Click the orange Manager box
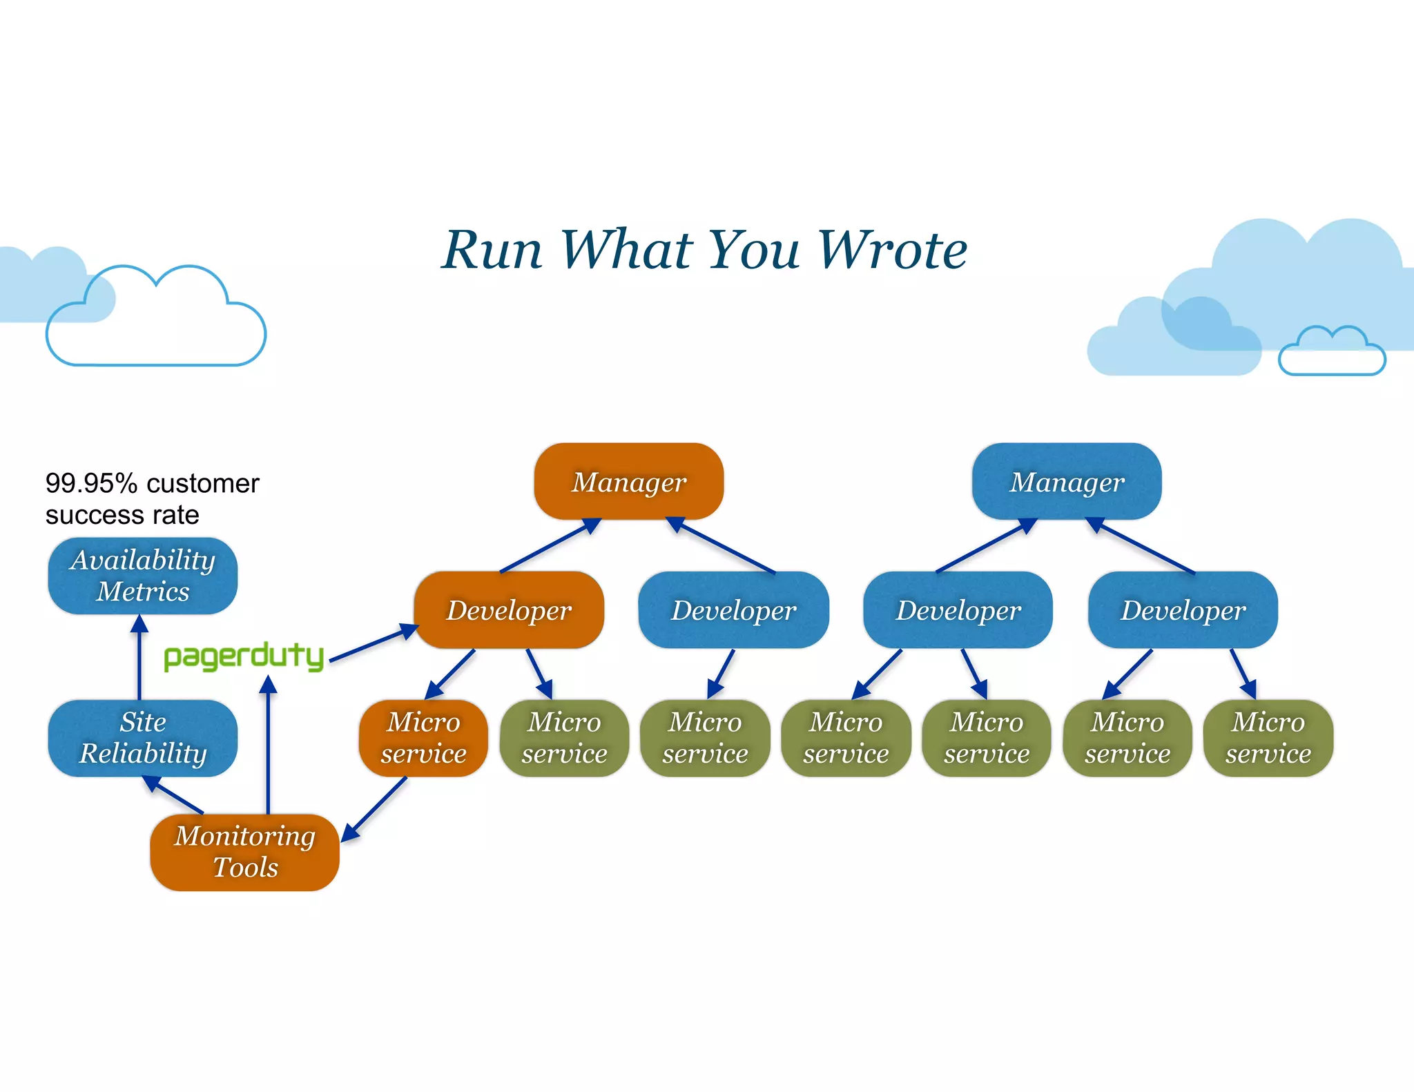click(628, 481)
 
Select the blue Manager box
click(1066, 481)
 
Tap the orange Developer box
click(509, 610)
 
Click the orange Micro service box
click(423, 738)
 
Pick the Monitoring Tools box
click(244, 852)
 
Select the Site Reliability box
click(143, 738)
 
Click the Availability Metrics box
click(143, 576)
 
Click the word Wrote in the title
click(892, 250)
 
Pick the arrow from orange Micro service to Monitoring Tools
click(374, 809)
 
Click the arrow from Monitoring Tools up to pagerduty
click(268, 745)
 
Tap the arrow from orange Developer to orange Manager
click(550, 546)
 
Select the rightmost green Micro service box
click(1268, 738)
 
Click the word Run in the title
click(492, 250)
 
